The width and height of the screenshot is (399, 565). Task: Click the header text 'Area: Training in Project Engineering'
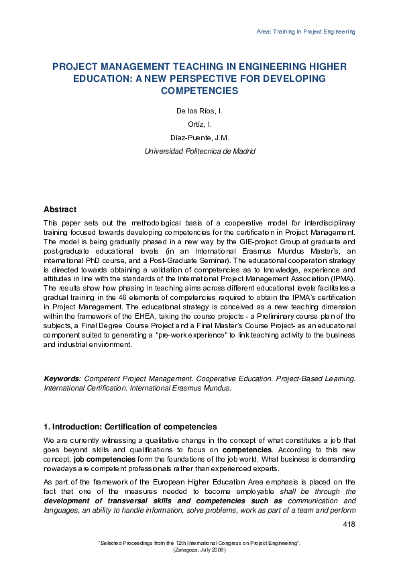(305, 32)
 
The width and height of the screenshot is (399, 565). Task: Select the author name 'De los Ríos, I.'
(199, 110)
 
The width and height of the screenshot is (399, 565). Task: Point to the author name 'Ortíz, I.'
(199, 124)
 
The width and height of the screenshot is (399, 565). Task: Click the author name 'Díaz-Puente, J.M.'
(199, 138)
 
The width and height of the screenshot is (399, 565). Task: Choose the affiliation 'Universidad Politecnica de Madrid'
(199, 152)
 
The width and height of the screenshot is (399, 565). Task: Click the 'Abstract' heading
(60, 210)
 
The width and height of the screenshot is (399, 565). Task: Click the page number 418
(349, 523)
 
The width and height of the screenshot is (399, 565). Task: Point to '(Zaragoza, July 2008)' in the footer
(199, 550)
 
